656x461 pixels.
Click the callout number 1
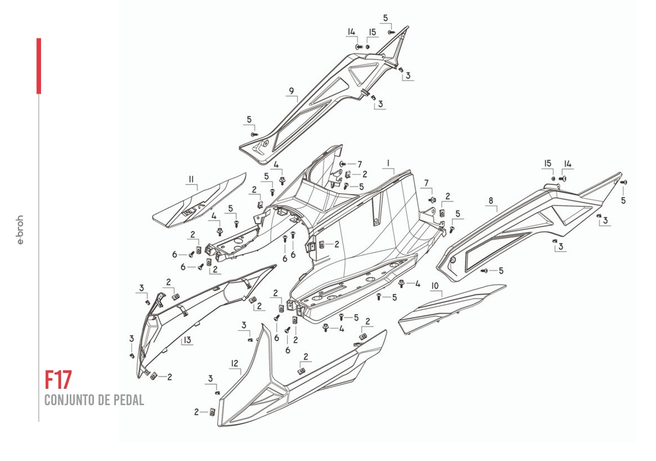point(388,163)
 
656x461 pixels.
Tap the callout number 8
point(491,201)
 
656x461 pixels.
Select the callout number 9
point(291,91)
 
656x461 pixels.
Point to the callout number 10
point(434,285)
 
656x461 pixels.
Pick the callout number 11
point(191,179)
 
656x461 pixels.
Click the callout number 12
point(234,363)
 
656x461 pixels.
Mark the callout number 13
point(187,340)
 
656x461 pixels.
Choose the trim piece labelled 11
point(200,202)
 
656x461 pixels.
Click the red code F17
point(58,380)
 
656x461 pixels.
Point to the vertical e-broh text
point(21,230)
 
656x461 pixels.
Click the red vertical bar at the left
point(38,66)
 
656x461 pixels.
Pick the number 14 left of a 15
point(351,32)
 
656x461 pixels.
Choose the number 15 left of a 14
point(548,163)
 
